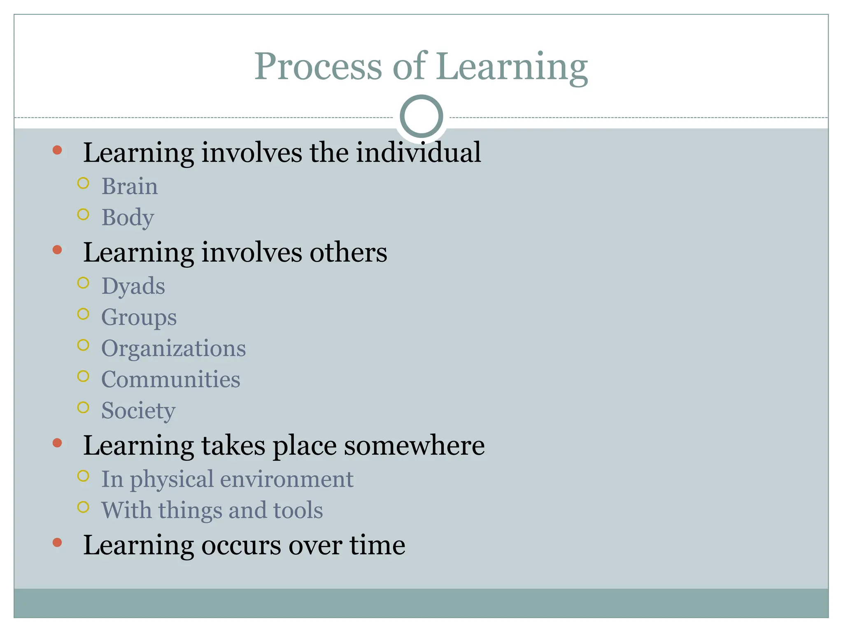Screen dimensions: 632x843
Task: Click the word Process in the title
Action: coord(318,67)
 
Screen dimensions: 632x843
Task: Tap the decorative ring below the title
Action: coord(421,116)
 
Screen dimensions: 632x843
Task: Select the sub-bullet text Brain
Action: coord(130,186)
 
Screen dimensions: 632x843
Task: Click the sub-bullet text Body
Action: coord(128,218)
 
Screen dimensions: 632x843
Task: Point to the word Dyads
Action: coord(133,286)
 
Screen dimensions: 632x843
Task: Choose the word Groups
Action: coord(139,318)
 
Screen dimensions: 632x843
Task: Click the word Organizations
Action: coord(173,349)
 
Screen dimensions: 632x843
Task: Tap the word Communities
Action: coord(171,379)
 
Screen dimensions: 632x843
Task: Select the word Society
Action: coord(138,411)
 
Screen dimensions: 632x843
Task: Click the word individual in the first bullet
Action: coord(418,153)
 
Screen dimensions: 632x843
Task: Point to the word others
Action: coord(348,252)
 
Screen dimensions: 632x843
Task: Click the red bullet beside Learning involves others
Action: coord(57,250)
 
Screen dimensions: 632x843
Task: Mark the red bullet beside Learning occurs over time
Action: coord(57,543)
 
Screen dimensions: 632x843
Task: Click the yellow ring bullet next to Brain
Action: coord(83,184)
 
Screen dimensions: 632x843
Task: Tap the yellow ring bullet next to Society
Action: coord(83,408)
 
